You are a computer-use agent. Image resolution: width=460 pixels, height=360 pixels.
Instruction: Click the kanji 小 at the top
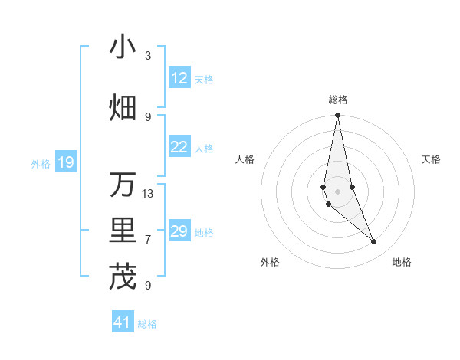(x=123, y=47)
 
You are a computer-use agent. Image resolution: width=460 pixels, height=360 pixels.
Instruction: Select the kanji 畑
(x=123, y=108)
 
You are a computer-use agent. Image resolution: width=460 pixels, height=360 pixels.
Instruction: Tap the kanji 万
(x=123, y=185)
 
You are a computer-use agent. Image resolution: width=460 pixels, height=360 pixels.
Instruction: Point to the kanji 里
(x=123, y=231)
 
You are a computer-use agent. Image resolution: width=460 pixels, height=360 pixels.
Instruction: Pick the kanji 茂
(x=123, y=277)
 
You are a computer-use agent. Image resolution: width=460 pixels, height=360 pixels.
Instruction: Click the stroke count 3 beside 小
(x=148, y=56)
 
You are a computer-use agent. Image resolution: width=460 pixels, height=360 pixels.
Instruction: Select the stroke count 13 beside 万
(x=148, y=194)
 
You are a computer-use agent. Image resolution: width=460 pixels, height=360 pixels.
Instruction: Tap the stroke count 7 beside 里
(x=148, y=240)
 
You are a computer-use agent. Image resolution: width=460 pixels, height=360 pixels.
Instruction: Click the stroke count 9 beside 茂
(x=148, y=286)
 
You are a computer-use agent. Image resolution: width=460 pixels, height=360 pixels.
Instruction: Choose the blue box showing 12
(x=179, y=78)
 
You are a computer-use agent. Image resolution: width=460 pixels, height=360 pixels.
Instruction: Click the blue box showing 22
(x=179, y=148)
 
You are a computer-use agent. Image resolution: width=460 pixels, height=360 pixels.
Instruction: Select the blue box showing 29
(x=179, y=231)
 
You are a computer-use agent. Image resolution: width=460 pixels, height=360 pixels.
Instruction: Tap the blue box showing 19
(x=65, y=162)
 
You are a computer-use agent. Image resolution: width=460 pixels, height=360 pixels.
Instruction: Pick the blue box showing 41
(x=123, y=322)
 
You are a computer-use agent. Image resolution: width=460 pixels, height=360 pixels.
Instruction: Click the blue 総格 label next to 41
(x=147, y=324)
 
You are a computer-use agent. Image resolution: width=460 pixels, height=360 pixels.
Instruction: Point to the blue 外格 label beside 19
(x=41, y=163)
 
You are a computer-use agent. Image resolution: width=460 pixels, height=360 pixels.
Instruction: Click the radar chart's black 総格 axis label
(x=337, y=100)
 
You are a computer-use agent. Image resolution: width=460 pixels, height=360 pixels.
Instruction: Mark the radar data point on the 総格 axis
(x=337, y=116)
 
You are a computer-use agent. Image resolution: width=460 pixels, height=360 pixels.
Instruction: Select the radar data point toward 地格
(x=374, y=242)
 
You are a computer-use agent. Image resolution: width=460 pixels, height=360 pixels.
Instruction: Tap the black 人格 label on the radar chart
(x=245, y=159)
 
